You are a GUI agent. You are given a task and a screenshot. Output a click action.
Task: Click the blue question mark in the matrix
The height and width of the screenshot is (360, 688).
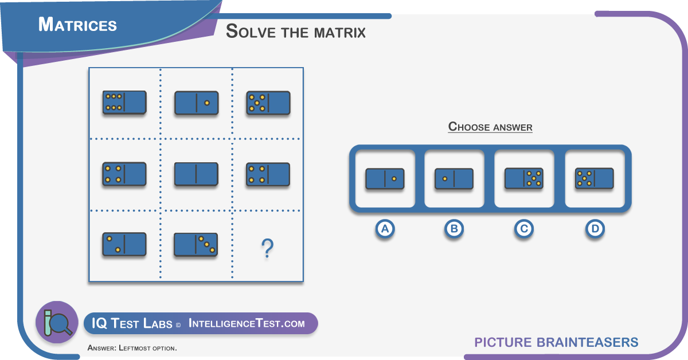267,249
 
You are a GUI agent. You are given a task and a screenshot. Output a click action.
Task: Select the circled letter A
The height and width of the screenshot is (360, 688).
385,229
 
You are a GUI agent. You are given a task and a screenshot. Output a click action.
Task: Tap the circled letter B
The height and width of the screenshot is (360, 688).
454,229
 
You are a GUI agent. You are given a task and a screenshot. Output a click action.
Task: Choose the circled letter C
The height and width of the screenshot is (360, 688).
523,229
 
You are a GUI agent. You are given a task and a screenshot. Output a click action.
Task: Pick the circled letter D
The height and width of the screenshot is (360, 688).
595,229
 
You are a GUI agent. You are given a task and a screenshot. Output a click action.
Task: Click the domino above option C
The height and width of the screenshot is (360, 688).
524,178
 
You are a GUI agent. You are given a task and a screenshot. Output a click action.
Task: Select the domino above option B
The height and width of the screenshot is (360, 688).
454,178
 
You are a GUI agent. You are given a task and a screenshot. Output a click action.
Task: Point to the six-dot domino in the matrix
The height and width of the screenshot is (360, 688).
124,102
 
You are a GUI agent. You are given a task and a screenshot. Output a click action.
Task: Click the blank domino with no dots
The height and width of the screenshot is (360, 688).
196,174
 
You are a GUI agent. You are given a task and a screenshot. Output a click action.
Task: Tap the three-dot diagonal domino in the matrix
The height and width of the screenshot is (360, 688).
196,244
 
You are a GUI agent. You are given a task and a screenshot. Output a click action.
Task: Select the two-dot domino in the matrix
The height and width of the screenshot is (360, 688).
124,244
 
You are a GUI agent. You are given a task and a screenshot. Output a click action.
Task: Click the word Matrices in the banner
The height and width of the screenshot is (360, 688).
77,25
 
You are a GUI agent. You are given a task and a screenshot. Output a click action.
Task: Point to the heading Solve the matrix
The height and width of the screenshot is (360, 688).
295,31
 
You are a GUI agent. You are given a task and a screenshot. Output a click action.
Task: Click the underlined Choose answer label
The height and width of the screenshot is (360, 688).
490,127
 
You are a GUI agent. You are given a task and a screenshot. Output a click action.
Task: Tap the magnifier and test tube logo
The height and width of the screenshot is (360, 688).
57,322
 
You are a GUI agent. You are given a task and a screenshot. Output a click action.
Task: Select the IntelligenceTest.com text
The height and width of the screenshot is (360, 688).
247,324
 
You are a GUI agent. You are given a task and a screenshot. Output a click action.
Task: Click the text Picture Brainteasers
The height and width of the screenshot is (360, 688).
556,342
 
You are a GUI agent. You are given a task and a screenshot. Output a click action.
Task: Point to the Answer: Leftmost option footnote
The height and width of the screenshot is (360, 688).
132,348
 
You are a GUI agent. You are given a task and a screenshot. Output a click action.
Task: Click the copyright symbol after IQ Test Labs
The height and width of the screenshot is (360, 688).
178,325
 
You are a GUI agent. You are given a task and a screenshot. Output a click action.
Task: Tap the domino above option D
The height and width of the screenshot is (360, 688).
595,178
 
